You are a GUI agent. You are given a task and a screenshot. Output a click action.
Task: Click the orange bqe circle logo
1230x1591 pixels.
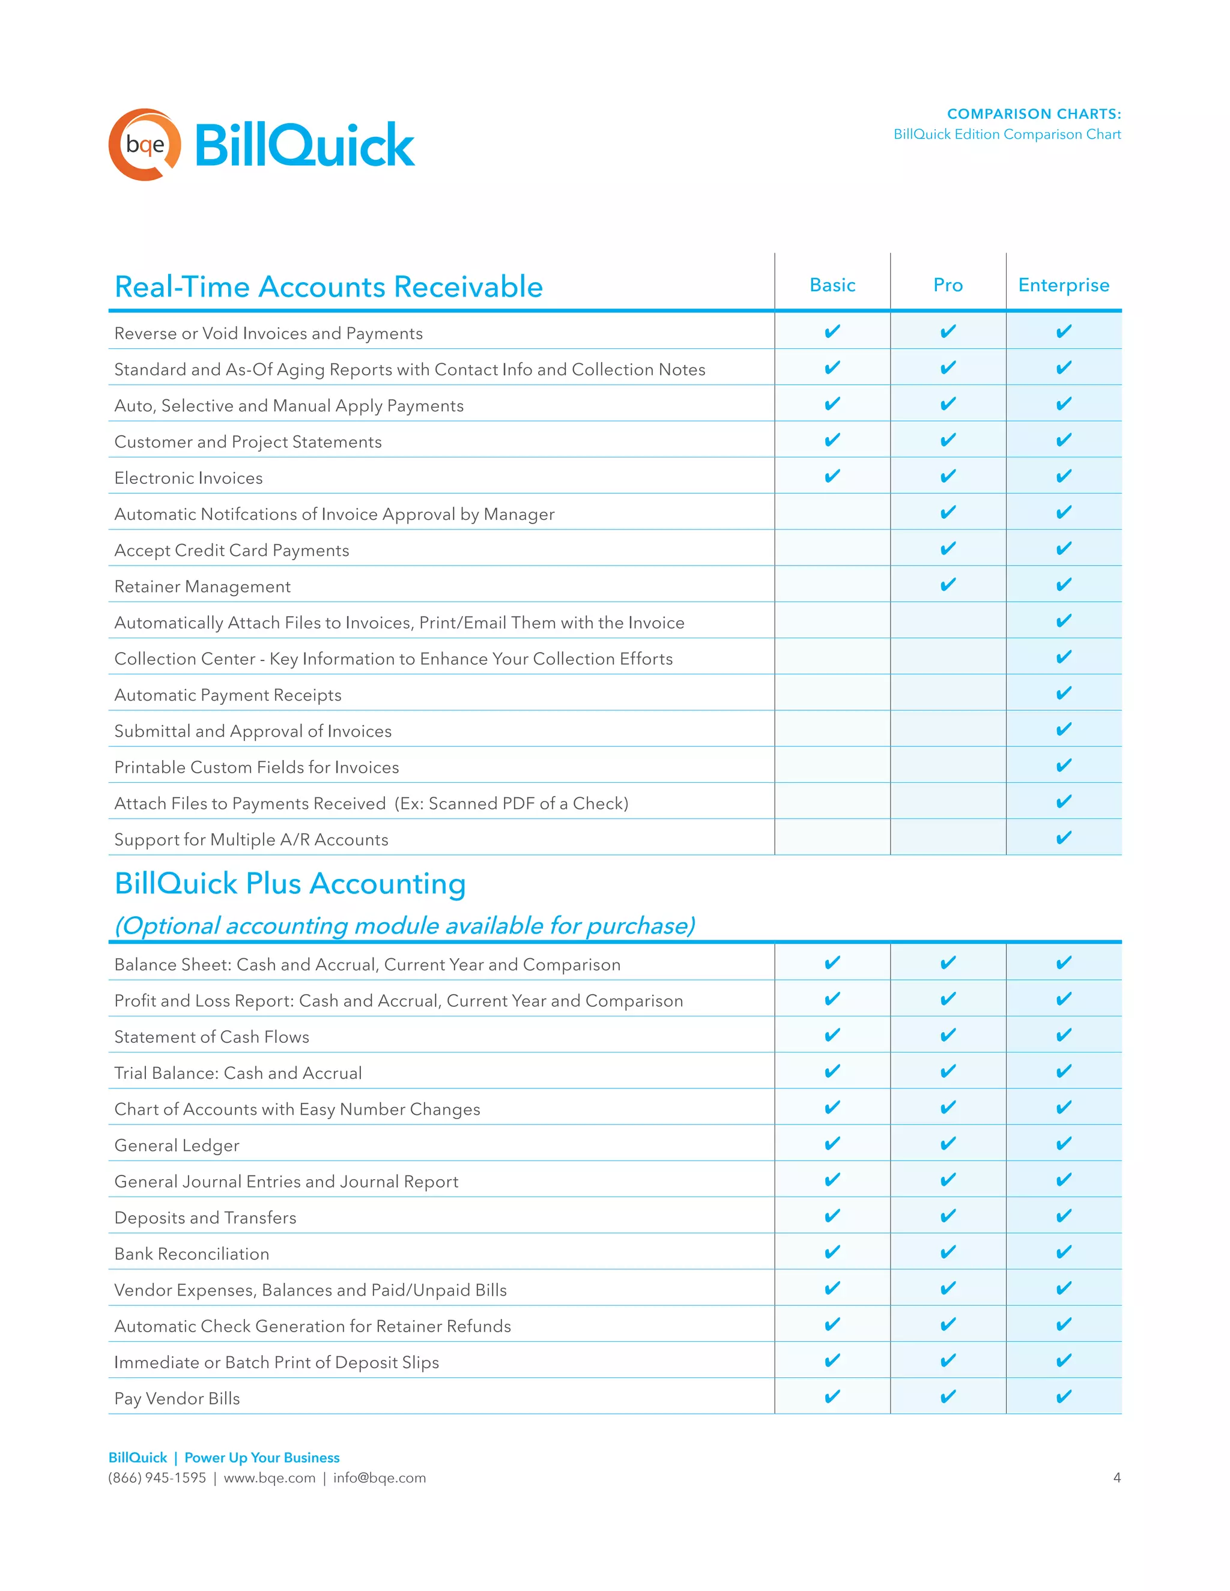(145, 144)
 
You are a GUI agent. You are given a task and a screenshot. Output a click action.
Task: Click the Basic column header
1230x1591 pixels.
(832, 285)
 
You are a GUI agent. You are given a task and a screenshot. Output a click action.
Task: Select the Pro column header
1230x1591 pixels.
(948, 285)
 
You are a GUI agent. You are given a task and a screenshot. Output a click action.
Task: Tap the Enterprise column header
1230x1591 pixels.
(1063, 285)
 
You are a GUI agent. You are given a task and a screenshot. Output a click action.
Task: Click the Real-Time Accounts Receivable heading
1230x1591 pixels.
(329, 287)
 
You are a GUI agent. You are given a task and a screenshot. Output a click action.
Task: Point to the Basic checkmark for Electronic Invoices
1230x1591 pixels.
(832, 477)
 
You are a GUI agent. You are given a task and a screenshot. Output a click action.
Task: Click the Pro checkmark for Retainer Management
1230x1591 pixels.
(948, 585)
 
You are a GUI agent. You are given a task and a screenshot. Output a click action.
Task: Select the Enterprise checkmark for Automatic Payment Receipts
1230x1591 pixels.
(1063, 693)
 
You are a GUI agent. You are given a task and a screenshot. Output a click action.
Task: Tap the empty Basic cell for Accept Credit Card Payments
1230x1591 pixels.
(832, 549)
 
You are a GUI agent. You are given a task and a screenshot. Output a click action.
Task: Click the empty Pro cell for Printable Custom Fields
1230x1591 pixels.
(948, 765)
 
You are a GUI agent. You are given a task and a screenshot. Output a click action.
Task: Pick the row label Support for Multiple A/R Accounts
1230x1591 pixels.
(252, 839)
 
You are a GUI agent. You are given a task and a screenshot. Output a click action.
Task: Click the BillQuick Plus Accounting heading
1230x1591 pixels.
(290, 884)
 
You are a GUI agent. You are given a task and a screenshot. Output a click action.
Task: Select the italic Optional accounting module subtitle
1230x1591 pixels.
(404, 925)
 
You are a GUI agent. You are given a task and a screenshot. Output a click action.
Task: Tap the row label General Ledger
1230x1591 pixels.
(177, 1145)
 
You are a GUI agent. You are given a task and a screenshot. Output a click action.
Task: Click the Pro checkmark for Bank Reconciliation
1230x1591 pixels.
(948, 1252)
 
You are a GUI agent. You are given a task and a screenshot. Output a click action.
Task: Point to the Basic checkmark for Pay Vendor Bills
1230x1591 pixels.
(832, 1396)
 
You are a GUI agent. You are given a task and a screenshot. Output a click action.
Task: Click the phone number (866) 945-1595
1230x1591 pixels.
(157, 1478)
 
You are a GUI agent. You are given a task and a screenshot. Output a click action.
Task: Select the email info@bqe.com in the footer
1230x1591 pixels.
(380, 1478)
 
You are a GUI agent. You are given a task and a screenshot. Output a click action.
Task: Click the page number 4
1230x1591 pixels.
(1116, 1478)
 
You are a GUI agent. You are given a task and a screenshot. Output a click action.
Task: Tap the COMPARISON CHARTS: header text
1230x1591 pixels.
(1033, 113)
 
